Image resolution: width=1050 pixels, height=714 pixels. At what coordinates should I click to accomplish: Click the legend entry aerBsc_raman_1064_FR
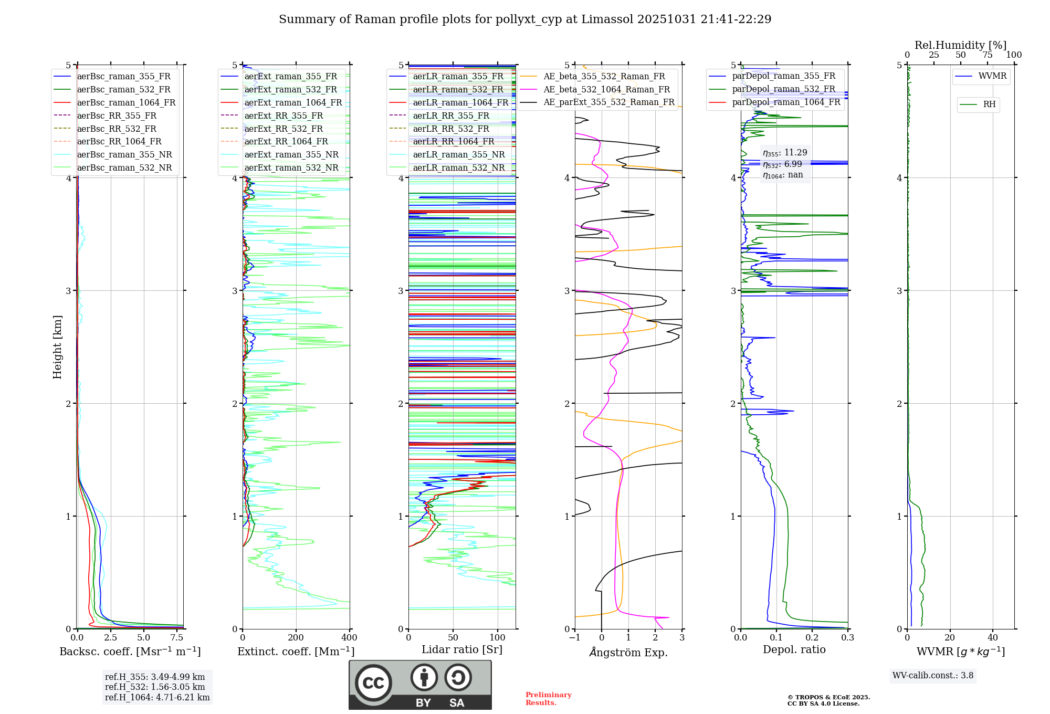click(x=126, y=103)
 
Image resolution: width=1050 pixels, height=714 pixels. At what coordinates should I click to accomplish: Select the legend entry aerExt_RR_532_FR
click(x=283, y=129)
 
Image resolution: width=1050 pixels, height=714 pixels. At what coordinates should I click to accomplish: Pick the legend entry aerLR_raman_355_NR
click(x=458, y=155)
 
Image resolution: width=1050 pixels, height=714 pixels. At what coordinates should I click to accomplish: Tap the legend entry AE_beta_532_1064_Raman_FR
click(x=606, y=90)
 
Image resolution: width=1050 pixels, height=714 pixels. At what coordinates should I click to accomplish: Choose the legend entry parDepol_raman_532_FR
click(x=783, y=89)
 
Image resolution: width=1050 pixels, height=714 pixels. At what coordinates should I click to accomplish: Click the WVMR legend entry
click(x=992, y=76)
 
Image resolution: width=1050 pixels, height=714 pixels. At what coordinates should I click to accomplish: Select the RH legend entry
click(x=989, y=104)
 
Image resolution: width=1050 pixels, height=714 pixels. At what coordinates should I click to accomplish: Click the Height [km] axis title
click(x=57, y=347)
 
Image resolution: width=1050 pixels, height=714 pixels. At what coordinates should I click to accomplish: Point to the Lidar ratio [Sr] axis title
click(x=462, y=649)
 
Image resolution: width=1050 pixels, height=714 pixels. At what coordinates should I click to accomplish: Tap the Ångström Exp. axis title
click(x=628, y=652)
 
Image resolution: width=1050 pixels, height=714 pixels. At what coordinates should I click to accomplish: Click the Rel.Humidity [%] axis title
click(x=960, y=45)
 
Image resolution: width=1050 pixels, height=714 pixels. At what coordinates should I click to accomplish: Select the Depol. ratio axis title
click(x=794, y=649)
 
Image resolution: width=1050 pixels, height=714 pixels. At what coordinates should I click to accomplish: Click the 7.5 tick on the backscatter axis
click(x=177, y=638)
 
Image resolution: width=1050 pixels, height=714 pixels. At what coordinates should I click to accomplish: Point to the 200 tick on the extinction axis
click(x=296, y=638)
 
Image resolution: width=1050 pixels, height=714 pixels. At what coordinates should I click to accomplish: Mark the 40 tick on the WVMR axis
click(x=993, y=638)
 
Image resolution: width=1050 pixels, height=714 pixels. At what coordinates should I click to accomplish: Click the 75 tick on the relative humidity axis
click(x=988, y=55)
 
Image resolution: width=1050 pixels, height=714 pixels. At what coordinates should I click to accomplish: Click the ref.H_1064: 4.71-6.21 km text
click(x=157, y=698)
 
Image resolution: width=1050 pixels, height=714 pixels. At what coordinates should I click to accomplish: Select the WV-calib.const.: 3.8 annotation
click(x=933, y=676)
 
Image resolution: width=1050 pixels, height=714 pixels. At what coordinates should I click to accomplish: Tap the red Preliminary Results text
click(x=548, y=699)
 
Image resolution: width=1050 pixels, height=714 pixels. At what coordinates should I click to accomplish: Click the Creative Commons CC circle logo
click(x=373, y=683)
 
